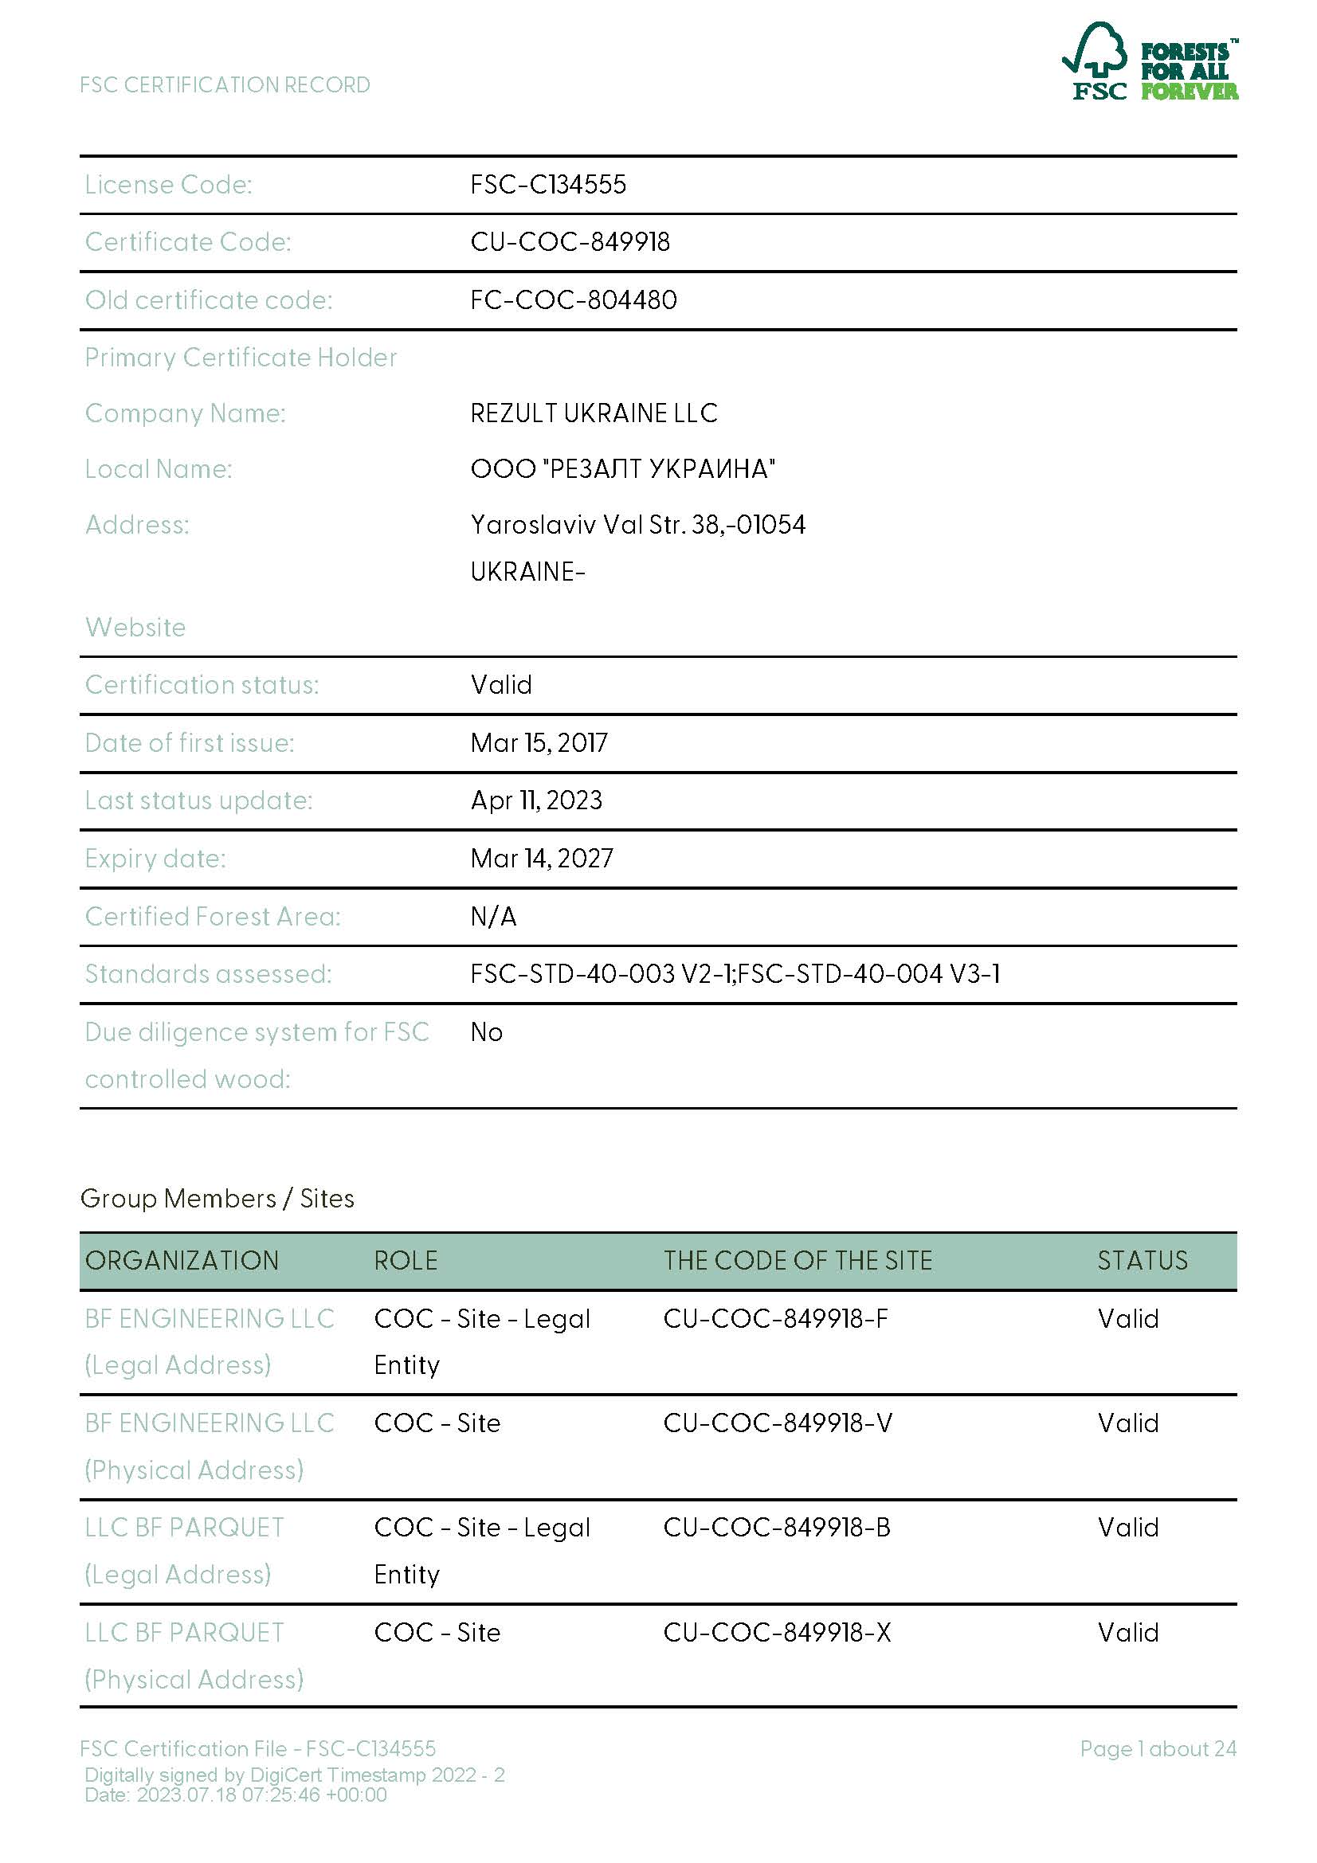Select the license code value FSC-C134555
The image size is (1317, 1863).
point(547,185)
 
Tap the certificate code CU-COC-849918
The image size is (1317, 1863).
point(570,243)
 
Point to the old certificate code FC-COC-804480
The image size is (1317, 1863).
point(573,300)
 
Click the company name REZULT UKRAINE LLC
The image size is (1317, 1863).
point(594,413)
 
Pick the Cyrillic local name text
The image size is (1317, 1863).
point(622,469)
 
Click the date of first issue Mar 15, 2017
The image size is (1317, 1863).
point(539,742)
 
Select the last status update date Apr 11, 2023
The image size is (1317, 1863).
point(536,800)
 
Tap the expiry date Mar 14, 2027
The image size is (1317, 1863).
point(542,859)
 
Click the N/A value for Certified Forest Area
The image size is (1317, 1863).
point(493,917)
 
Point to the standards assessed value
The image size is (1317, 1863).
point(735,973)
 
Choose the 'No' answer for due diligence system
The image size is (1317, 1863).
point(487,1032)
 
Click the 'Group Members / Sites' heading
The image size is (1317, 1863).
point(218,1199)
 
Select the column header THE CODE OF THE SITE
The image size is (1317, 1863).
point(798,1260)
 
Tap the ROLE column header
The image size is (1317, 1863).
point(406,1260)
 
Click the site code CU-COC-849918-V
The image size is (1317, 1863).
point(778,1423)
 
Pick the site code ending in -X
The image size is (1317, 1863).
point(777,1633)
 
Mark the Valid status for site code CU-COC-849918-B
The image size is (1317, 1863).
point(1128,1528)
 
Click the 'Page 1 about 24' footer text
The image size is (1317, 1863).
point(1158,1748)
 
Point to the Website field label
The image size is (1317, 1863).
point(135,627)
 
